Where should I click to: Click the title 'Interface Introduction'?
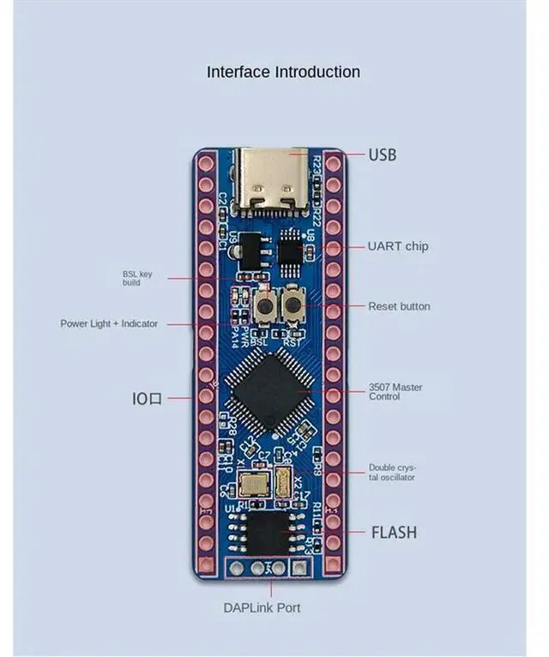(283, 72)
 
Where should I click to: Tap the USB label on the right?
(383, 155)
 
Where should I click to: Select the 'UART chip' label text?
(398, 246)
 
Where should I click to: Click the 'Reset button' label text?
(399, 306)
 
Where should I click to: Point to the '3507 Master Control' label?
(395, 392)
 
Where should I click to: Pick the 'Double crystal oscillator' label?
(392, 473)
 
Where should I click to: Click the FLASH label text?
(394, 532)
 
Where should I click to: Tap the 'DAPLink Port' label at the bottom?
(262, 607)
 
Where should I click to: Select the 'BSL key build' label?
(137, 278)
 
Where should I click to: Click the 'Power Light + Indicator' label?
(109, 323)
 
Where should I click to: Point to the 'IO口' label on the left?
(147, 398)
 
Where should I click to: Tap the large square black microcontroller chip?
(267, 393)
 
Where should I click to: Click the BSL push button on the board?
(265, 305)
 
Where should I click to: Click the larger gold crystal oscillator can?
(254, 485)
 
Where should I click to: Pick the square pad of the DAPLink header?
(299, 567)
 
